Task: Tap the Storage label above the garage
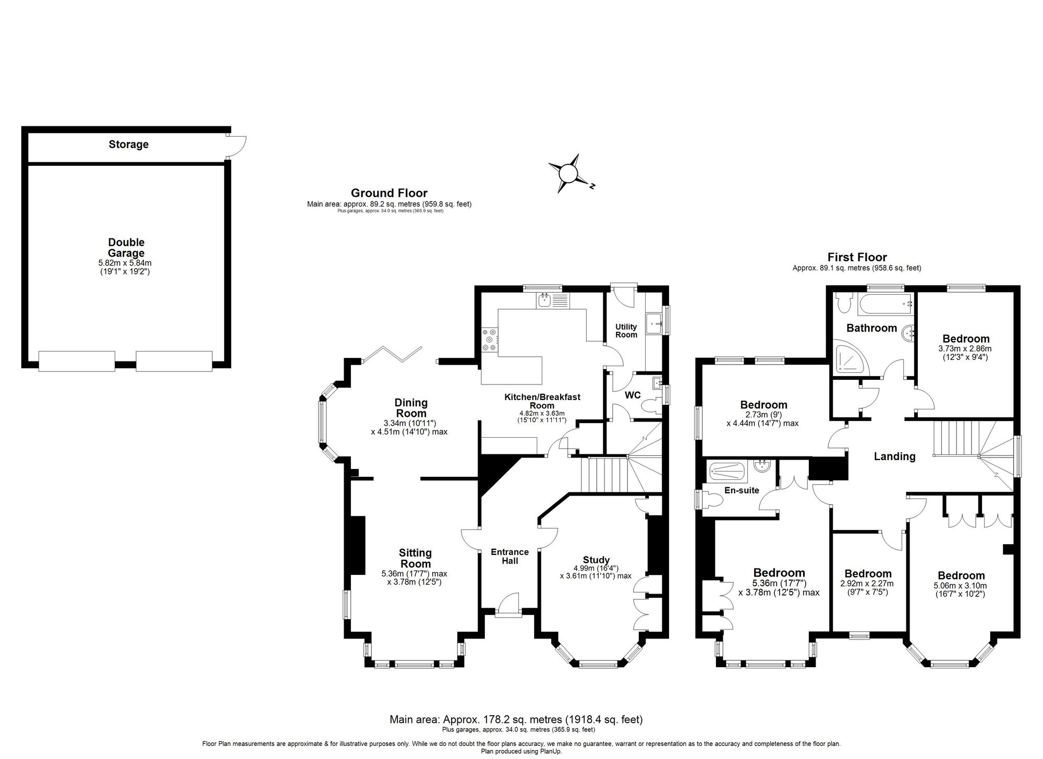(x=128, y=144)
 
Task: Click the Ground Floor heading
(x=389, y=193)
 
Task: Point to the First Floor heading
(x=857, y=257)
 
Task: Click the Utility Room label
(x=626, y=331)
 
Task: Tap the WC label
(x=633, y=395)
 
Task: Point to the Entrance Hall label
(x=510, y=556)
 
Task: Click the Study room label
(x=596, y=560)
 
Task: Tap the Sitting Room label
(x=415, y=558)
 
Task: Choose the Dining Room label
(x=411, y=408)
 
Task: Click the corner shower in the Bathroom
(x=850, y=358)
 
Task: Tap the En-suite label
(x=742, y=490)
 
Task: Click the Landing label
(x=894, y=456)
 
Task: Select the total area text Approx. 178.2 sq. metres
(x=516, y=720)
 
